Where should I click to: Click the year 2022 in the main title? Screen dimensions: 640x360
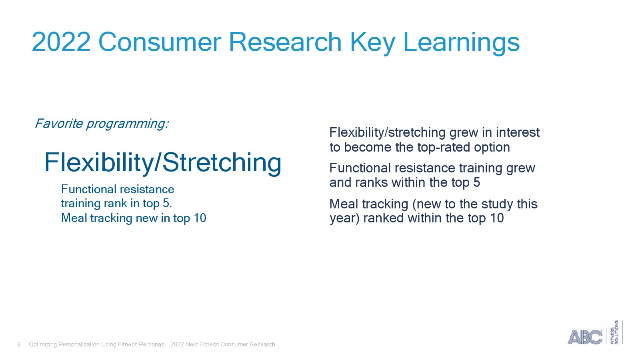coord(61,42)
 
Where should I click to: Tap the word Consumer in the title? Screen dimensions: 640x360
coord(160,42)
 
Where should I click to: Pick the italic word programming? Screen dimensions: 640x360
coord(128,124)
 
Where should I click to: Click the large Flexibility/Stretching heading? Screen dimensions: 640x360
coord(163,163)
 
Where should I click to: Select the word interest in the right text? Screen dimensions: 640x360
coord(518,132)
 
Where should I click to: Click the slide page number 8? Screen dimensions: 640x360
coord(19,344)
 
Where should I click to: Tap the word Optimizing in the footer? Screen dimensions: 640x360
coord(43,344)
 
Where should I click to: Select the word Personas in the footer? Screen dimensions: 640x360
coord(152,344)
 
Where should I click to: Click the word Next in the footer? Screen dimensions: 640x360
coord(192,344)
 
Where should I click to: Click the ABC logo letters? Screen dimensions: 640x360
coord(584,337)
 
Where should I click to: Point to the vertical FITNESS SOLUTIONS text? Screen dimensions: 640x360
coord(614,332)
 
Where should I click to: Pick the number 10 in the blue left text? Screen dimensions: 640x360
coord(200,218)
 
